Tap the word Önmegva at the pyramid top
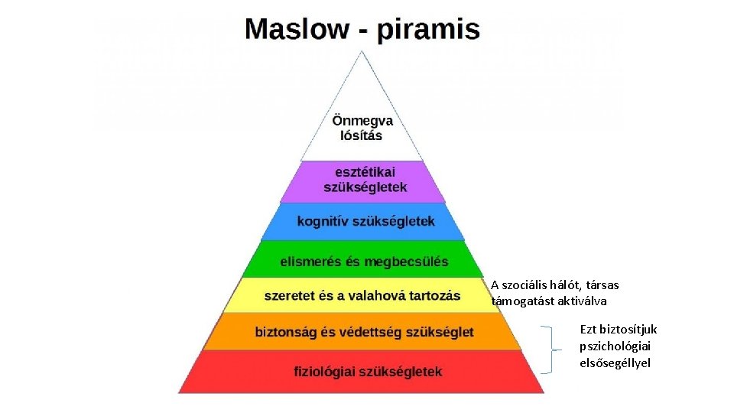(362, 121)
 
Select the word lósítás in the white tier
(362, 135)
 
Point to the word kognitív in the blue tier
(322, 221)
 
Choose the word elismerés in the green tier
(309, 262)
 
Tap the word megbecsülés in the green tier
(406, 262)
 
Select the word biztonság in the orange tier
(288, 332)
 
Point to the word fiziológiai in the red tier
(324, 372)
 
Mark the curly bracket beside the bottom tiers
(549, 350)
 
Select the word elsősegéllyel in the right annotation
(615, 363)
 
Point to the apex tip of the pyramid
(362, 51)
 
